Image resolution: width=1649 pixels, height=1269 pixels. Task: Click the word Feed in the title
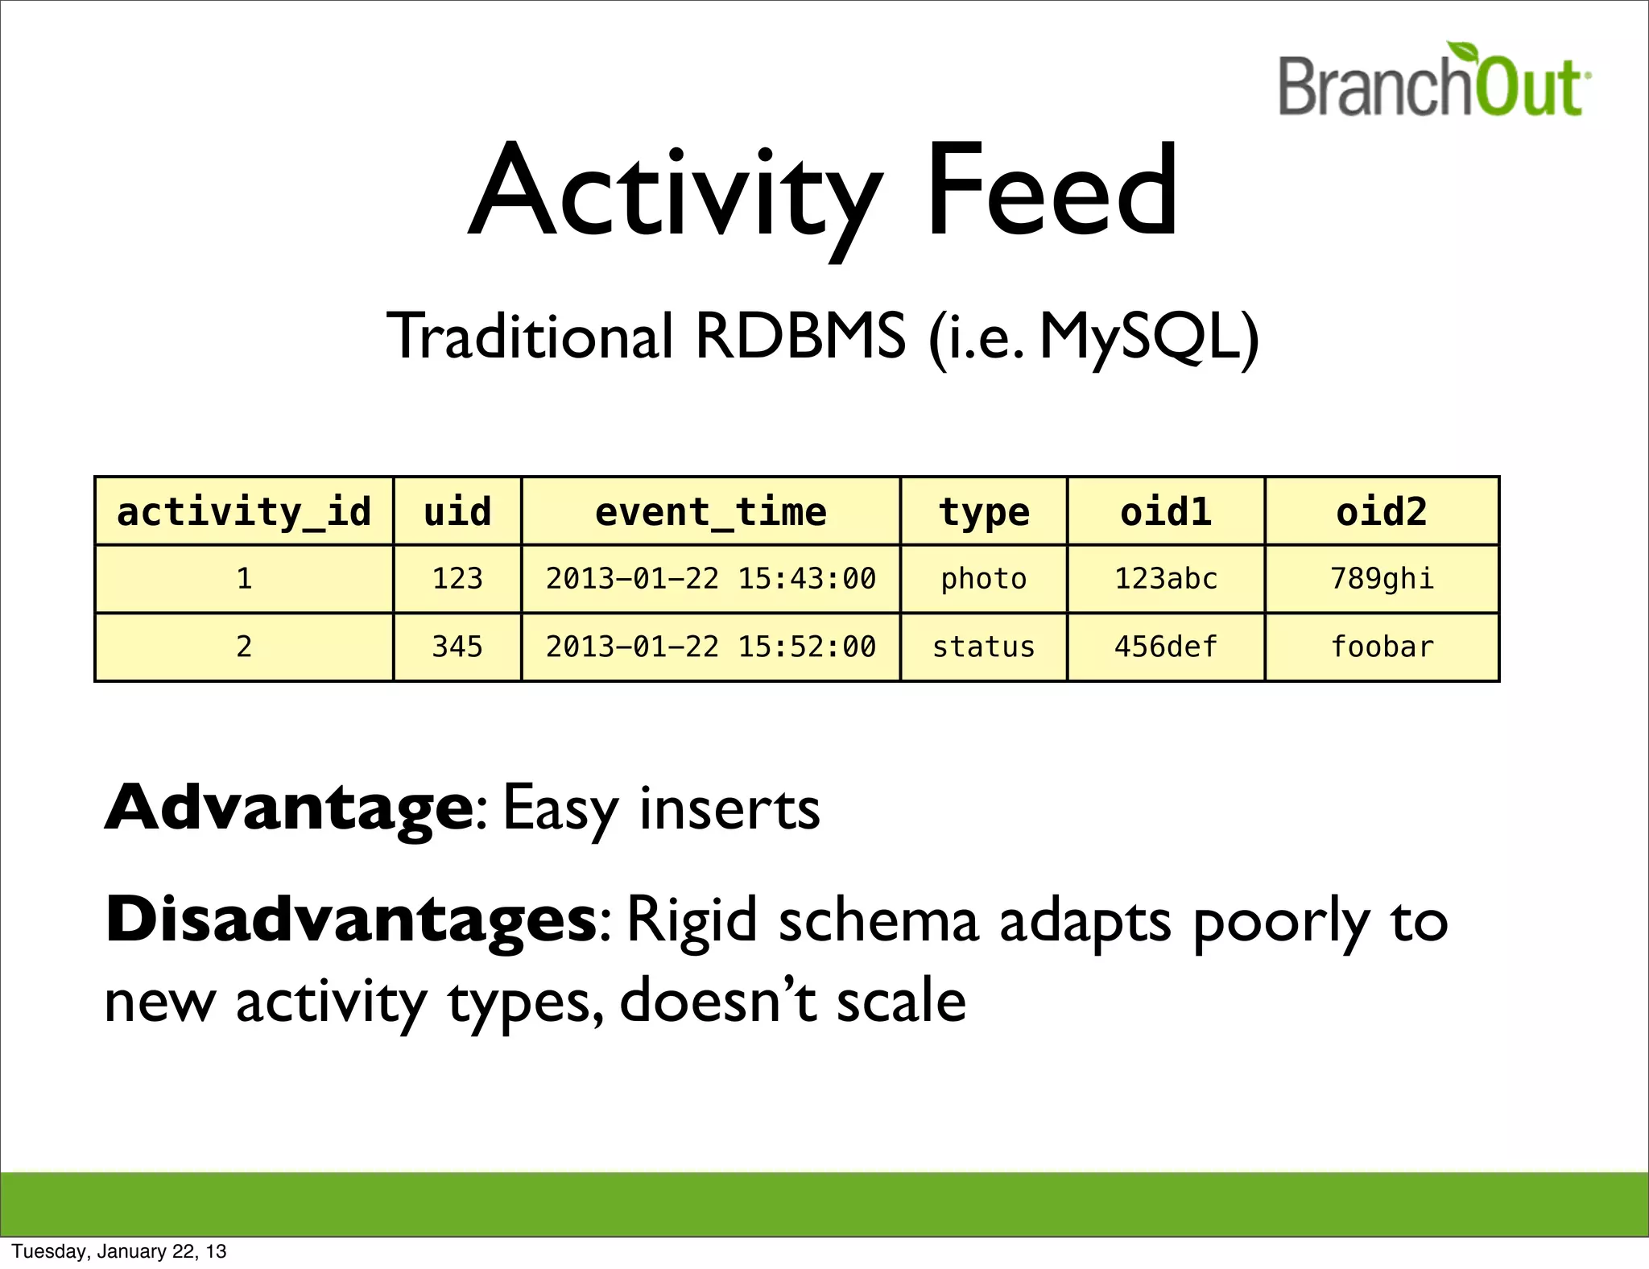pyautogui.click(x=1052, y=191)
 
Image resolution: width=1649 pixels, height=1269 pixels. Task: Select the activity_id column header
pyautogui.click(x=244, y=512)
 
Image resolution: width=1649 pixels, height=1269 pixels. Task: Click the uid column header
pyautogui.click(x=457, y=512)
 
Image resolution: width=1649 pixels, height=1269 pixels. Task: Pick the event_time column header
pyautogui.click(x=710, y=512)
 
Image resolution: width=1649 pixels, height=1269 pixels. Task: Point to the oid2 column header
pyautogui.click(x=1382, y=512)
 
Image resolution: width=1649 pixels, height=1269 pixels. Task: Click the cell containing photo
pyautogui.click(x=983, y=579)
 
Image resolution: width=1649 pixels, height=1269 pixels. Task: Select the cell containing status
pyautogui.click(x=983, y=647)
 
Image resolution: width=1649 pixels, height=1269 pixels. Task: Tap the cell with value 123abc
pyautogui.click(x=1165, y=579)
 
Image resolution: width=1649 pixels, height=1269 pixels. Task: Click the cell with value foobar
pyautogui.click(x=1382, y=647)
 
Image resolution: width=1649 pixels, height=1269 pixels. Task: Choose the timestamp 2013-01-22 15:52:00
pyautogui.click(x=710, y=647)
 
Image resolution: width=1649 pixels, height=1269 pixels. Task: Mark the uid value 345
pyautogui.click(x=457, y=647)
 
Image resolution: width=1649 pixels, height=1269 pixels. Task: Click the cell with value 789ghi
pyautogui.click(x=1382, y=579)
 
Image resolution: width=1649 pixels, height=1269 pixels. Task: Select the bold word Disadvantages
pyautogui.click(x=351, y=920)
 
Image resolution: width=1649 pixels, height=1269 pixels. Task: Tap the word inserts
pyautogui.click(x=729, y=808)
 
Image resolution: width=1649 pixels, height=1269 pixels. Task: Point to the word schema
pyautogui.click(x=878, y=920)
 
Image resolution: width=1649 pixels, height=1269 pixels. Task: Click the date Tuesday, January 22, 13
pyautogui.click(x=119, y=1251)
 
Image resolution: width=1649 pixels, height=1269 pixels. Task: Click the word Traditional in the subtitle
pyautogui.click(x=529, y=337)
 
